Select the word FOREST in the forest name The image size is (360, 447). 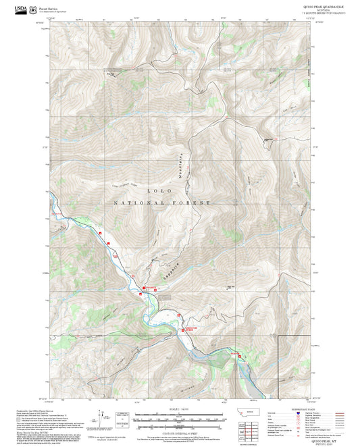197,203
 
